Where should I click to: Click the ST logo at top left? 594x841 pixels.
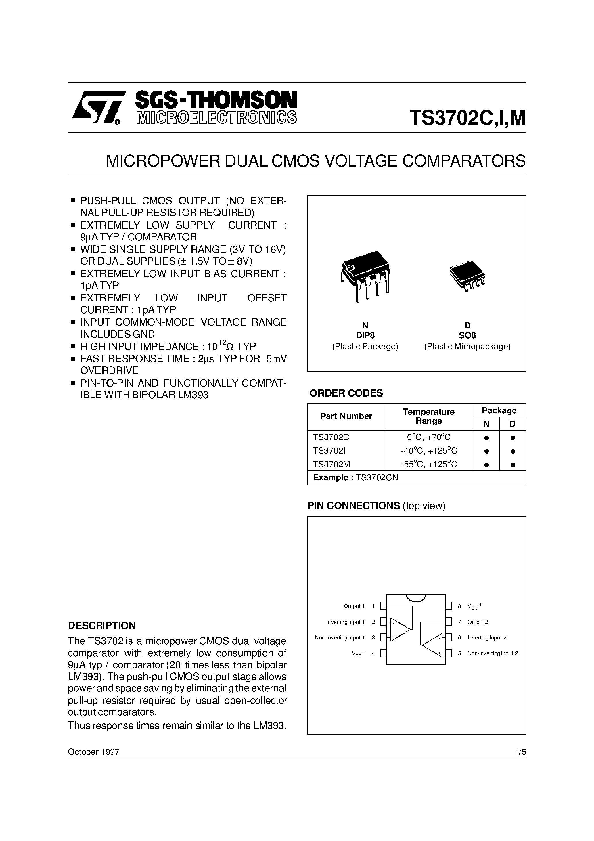pos(96,108)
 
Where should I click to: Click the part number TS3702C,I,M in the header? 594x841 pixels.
pos(467,118)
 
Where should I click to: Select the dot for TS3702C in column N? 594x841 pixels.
pos(486,438)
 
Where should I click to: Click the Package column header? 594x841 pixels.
pos(499,410)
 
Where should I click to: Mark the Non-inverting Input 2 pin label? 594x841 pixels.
pos(493,653)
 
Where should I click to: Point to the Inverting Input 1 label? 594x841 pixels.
pos(345,622)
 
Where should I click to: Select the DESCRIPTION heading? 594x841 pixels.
pos(102,625)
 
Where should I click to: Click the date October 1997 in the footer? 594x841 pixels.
pos(94,752)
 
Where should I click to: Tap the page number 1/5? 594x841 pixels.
pos(520,752)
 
